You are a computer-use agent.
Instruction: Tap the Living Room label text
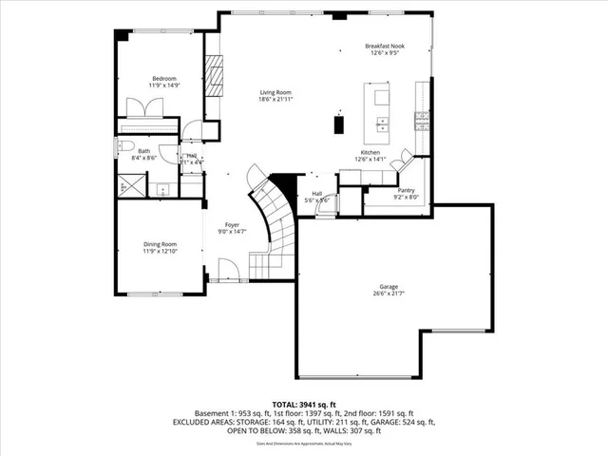pos(275,92)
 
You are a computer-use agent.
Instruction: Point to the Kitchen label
pos(370,154)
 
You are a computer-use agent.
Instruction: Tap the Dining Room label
pos(160,245)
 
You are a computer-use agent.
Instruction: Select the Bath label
pos(143,151)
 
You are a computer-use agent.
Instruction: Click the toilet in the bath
pos(123,145)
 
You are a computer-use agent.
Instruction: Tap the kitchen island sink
pos(384,123)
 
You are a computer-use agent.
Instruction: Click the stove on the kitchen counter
pos(420,122)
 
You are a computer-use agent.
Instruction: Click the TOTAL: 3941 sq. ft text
pos(304,403)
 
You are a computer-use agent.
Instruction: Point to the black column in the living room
pos(337,124)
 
